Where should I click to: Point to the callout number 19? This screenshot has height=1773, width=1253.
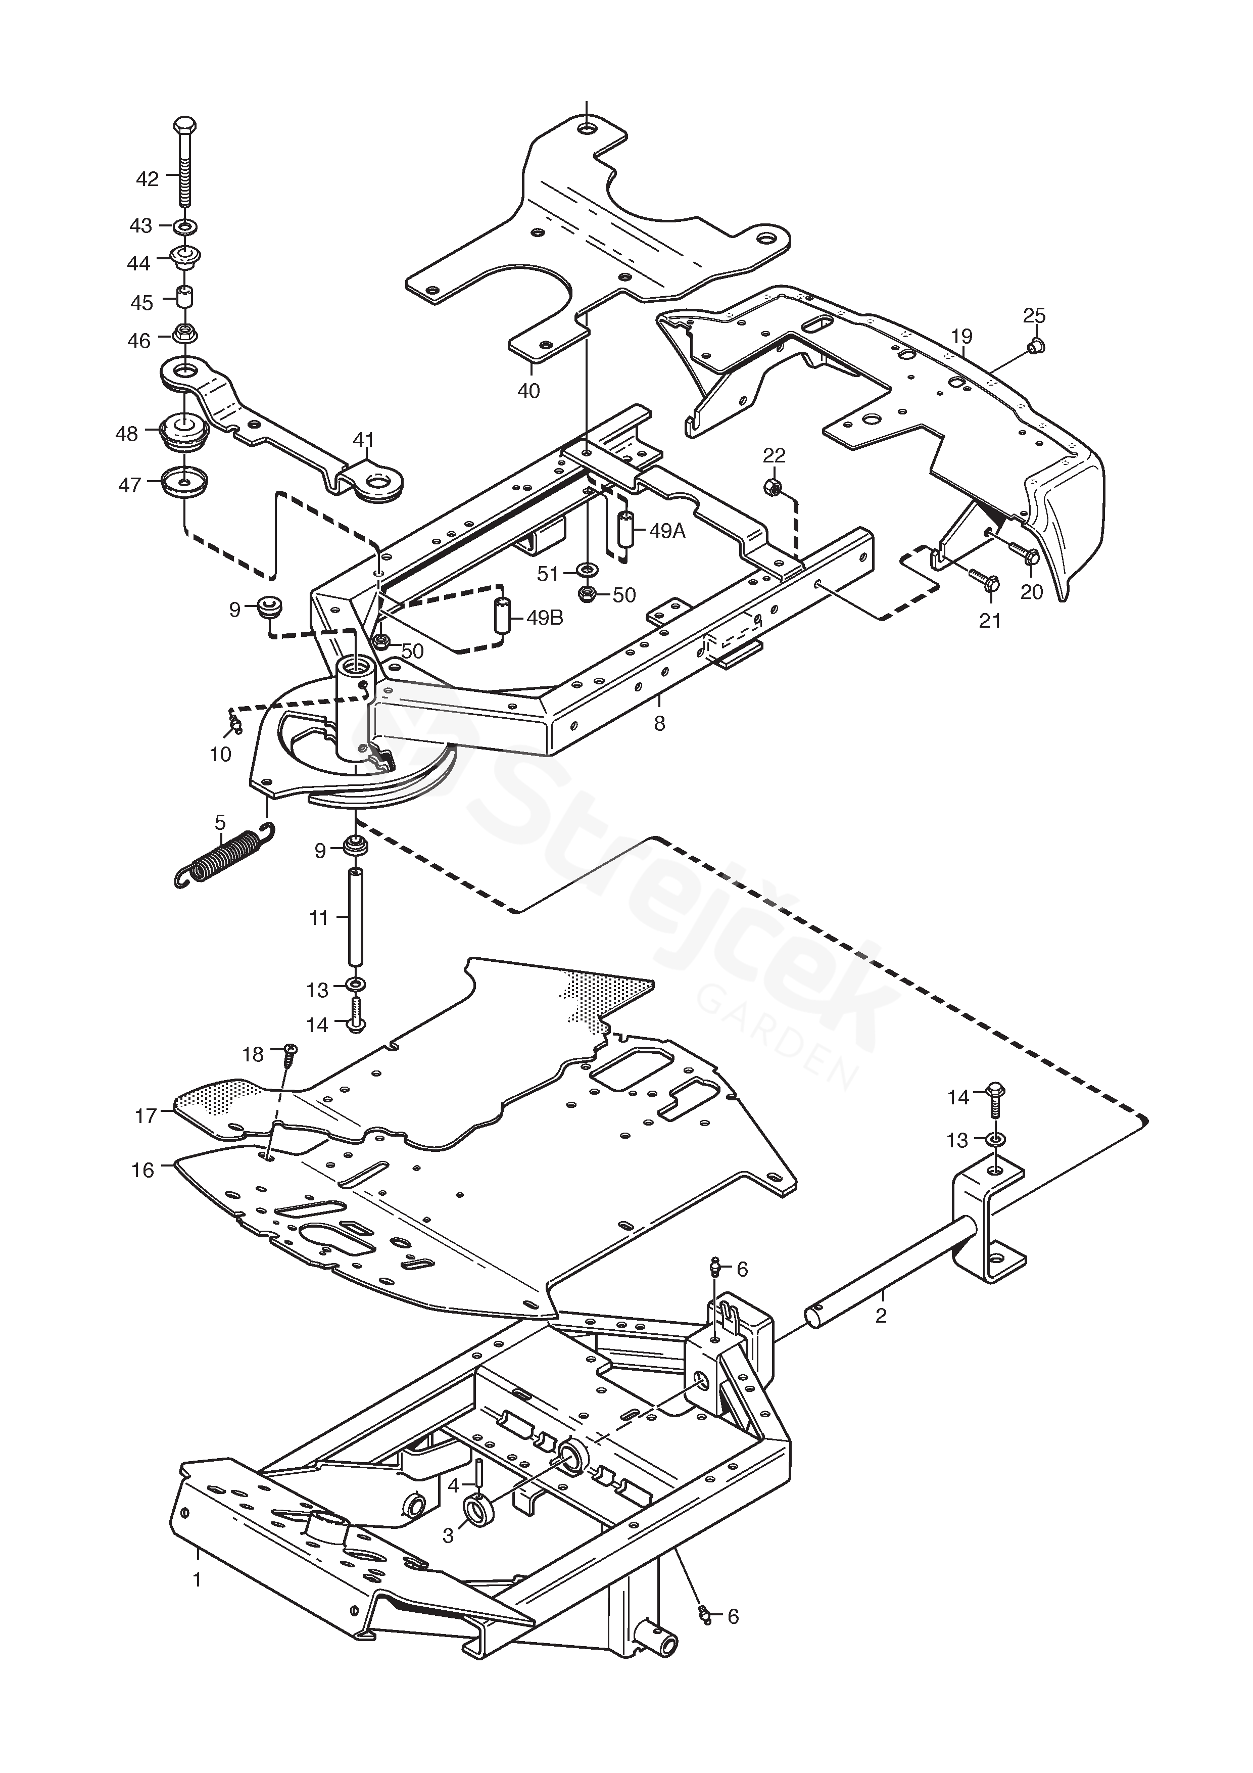point(962,336)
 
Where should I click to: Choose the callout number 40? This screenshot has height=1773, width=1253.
point(529,391)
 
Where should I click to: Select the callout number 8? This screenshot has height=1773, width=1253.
point(658,724)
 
